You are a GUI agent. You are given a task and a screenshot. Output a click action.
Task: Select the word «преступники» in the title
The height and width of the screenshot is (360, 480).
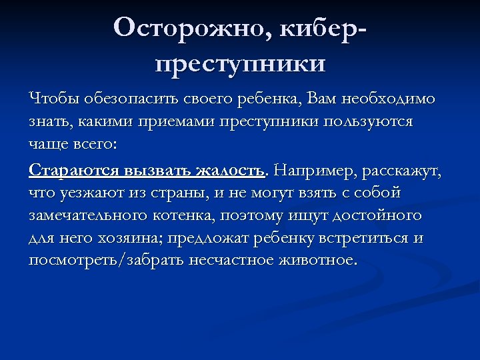[240, 63]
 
